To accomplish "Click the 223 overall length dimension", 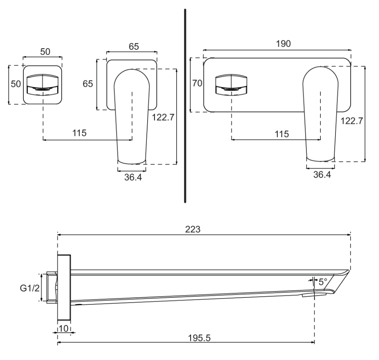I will (193, 229).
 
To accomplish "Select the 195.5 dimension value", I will (200, 338).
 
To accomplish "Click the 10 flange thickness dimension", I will (63, 329).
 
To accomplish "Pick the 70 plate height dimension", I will (197, 84).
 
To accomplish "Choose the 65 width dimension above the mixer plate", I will (134, 47).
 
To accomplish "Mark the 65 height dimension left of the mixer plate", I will (88, 84).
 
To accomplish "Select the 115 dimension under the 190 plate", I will (281, 134).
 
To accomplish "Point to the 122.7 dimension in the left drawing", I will (163, 118).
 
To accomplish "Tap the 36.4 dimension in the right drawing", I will (322, 175).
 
